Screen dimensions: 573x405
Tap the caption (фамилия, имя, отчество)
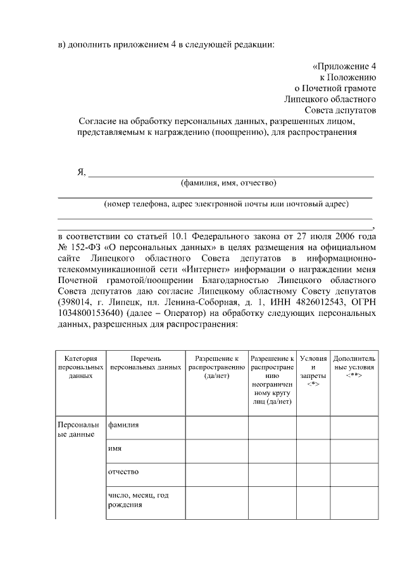point(228,184)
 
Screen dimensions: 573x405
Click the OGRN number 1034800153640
point(89,313)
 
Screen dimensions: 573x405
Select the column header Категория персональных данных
point(80,367)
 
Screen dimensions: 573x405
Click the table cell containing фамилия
point(123,425)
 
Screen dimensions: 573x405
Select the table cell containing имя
point(115,448)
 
